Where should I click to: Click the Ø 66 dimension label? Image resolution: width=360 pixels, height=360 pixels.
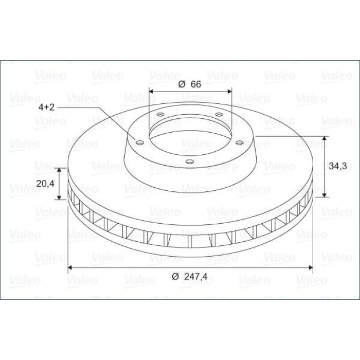(x=190, y=84)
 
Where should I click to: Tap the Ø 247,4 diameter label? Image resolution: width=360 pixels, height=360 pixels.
(x=189, y=277)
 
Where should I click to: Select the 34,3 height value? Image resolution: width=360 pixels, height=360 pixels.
(x=338, y=166)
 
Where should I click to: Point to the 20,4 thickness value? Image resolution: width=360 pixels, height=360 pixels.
(x=45, y=184)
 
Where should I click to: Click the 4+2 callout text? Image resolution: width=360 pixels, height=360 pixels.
(x=46, y=107)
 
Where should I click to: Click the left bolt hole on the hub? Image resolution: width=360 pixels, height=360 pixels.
(x=139, y=143)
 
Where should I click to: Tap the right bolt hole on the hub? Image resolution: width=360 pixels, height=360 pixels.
(x=240, y=143)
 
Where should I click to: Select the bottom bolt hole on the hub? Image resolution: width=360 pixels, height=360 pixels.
(x=190, y=161)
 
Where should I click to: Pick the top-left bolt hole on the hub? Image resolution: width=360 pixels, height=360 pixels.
(x=160, y=114)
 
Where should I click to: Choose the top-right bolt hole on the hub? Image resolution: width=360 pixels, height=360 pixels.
(x=219, y=114)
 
